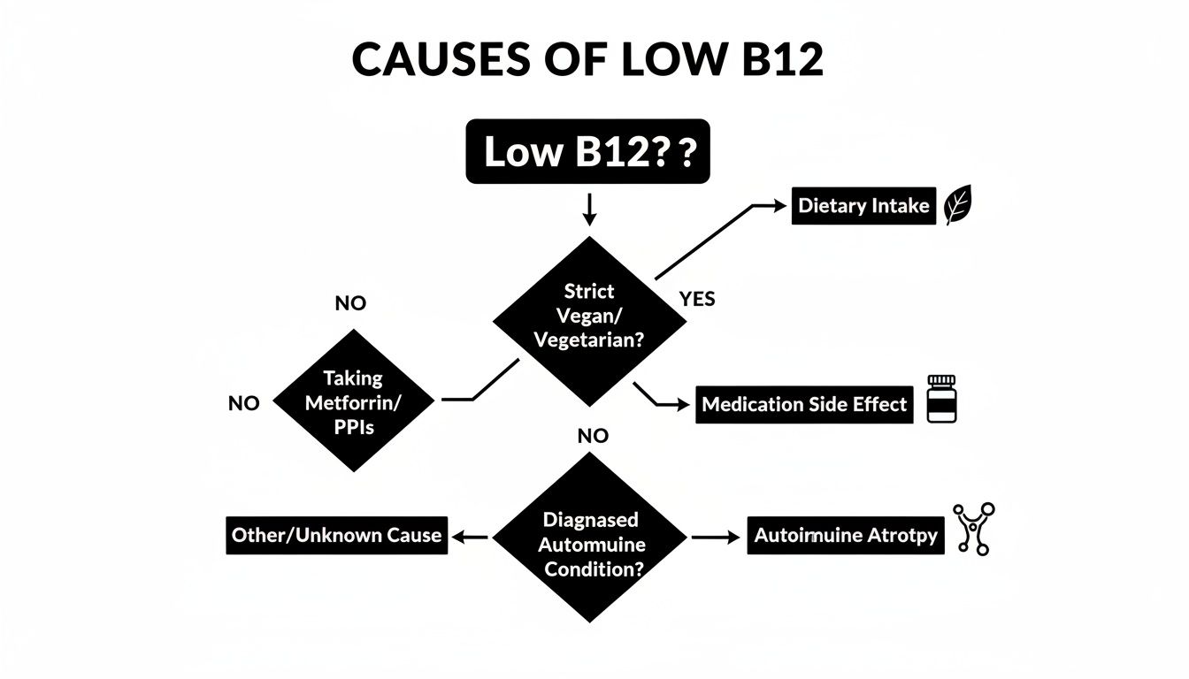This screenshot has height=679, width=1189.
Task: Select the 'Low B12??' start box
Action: (x=587, y=152)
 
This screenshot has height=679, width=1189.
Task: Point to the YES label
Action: (x=697, y=300)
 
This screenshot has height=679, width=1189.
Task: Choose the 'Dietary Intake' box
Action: (x=863, y=206)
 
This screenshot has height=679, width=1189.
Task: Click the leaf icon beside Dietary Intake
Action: (x=957, y=206)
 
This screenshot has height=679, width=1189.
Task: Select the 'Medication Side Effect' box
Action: (x=803, y=404)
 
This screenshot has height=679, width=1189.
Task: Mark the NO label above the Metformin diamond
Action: (x=350, y=304)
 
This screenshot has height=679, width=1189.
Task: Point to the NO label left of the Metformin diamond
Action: (x=244, y=404)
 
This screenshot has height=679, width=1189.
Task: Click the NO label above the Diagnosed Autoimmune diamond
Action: (x=593, y=436)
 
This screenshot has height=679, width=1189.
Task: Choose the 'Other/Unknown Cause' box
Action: (x=336, y=536)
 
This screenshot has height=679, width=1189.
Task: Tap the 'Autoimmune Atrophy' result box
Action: (x=845, y=536)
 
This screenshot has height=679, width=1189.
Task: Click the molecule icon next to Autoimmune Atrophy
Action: (x=973, y=529)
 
